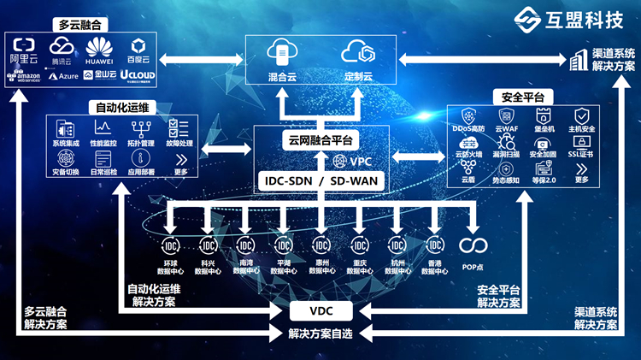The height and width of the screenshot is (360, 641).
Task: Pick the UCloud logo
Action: [x=137, y=75]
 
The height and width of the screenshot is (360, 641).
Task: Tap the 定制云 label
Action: [x=359, y=77]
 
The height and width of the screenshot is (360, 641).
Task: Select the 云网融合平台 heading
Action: [x=321, y=140]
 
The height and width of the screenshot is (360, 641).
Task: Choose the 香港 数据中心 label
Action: [x=434, y=266]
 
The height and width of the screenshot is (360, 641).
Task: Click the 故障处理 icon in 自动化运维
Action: [x=179, y=128]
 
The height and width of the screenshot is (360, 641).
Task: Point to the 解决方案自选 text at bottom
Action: [x=320, y=333]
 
